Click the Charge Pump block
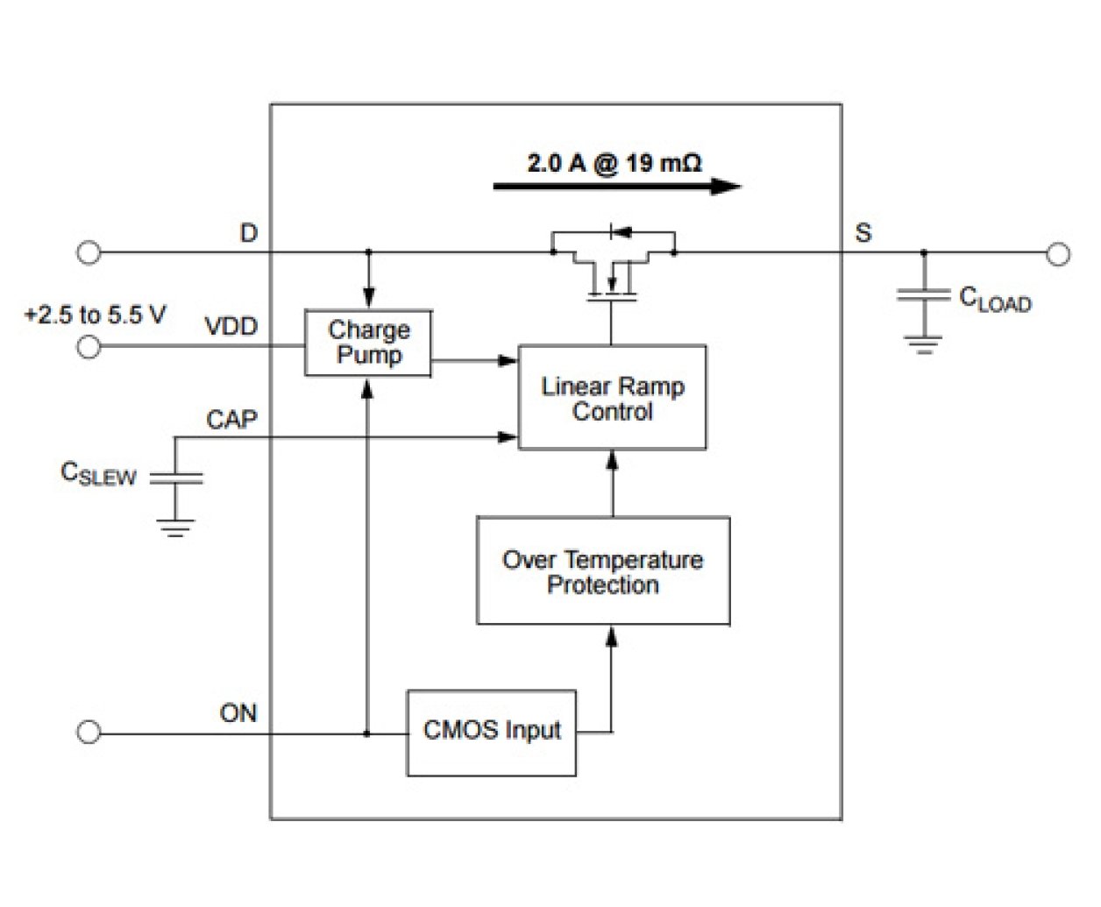(x=368, y=343)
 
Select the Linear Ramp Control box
(x=612, y=398)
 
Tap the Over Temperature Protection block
(x=603, y=571)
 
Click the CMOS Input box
(x=492, y=733)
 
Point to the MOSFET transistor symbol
(x=613, y=267)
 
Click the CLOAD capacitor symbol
(x=923, y=295)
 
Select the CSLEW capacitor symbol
(x=175, y=478)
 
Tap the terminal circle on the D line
(x=89, y=252)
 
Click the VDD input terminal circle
(x=89, y=347)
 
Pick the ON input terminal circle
(x=89, y=733)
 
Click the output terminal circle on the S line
(x=1059, y=254)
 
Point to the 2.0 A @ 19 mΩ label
(x=614, y=163)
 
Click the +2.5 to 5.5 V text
(x=95, y=315)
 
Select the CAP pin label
(x=232, y=420)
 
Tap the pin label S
(x=863, y=233)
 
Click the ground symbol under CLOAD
(x=923, y=343)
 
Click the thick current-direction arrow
(x=617, y=186)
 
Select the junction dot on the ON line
(x=367, y=733)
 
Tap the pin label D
(x=249, y=233)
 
